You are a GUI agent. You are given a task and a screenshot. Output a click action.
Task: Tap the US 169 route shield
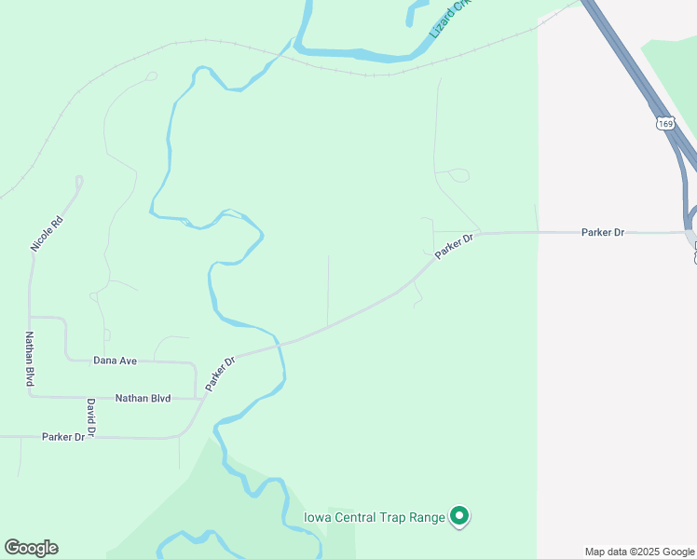664,123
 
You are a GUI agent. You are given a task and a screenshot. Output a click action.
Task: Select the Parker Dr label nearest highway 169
602,232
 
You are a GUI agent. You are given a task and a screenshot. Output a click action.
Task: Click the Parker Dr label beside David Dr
62,436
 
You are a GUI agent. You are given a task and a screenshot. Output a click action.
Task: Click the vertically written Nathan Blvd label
30,360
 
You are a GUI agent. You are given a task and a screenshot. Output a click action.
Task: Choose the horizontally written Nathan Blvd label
143,398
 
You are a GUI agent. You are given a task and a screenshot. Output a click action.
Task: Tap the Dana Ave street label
116,360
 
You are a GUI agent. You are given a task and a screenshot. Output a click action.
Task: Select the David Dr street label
91,415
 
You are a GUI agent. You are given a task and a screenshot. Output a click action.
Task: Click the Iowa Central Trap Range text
375,517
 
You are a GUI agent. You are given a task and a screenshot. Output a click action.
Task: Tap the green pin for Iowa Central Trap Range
458,515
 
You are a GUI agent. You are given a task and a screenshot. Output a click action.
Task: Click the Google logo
31,548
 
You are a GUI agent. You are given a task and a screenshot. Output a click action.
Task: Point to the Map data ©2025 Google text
639,552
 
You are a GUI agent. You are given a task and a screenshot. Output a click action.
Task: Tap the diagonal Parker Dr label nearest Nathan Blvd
221,374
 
